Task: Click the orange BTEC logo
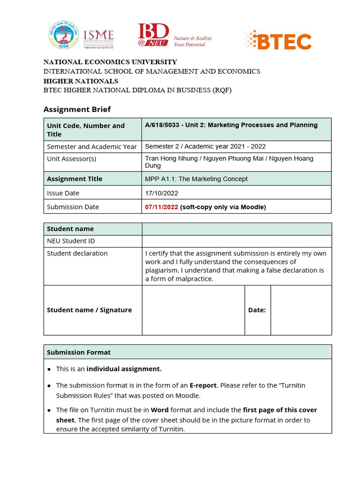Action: [278, 40]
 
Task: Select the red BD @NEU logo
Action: [153, 35]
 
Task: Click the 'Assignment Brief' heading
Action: [77, 109]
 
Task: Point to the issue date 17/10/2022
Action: [162, 193]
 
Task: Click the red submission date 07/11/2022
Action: [162, 207]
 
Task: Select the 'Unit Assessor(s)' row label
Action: [71, 158]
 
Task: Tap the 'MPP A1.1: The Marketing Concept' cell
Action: [196, 179]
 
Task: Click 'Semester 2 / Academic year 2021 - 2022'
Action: [205, 146]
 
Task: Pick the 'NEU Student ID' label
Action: [71, 241]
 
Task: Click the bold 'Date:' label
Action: [257, 310]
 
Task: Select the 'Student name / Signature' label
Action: [89, 310]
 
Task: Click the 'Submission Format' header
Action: [79, 352]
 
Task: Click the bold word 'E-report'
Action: [203, 385]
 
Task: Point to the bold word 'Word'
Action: [159, 410]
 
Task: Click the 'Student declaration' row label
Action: [77, 253]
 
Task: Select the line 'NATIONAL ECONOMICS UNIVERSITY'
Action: [110, 62]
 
